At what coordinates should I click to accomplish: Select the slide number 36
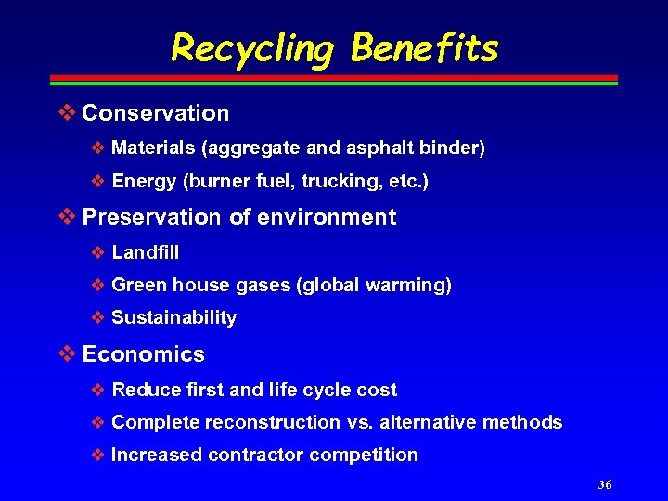point(605,484)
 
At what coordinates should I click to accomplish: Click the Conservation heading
point(155,113)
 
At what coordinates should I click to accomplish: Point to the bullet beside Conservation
point(67,113)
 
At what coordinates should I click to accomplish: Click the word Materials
point(153,148)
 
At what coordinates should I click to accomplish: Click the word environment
point(326,217)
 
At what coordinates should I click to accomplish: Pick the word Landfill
point(145,252)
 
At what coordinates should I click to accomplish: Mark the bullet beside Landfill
point(99,252)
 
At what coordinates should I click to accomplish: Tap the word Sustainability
point(173,318)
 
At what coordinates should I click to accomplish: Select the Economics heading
point(143,354)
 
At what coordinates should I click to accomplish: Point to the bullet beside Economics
point(67,354)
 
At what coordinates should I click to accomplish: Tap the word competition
point(364,456)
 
